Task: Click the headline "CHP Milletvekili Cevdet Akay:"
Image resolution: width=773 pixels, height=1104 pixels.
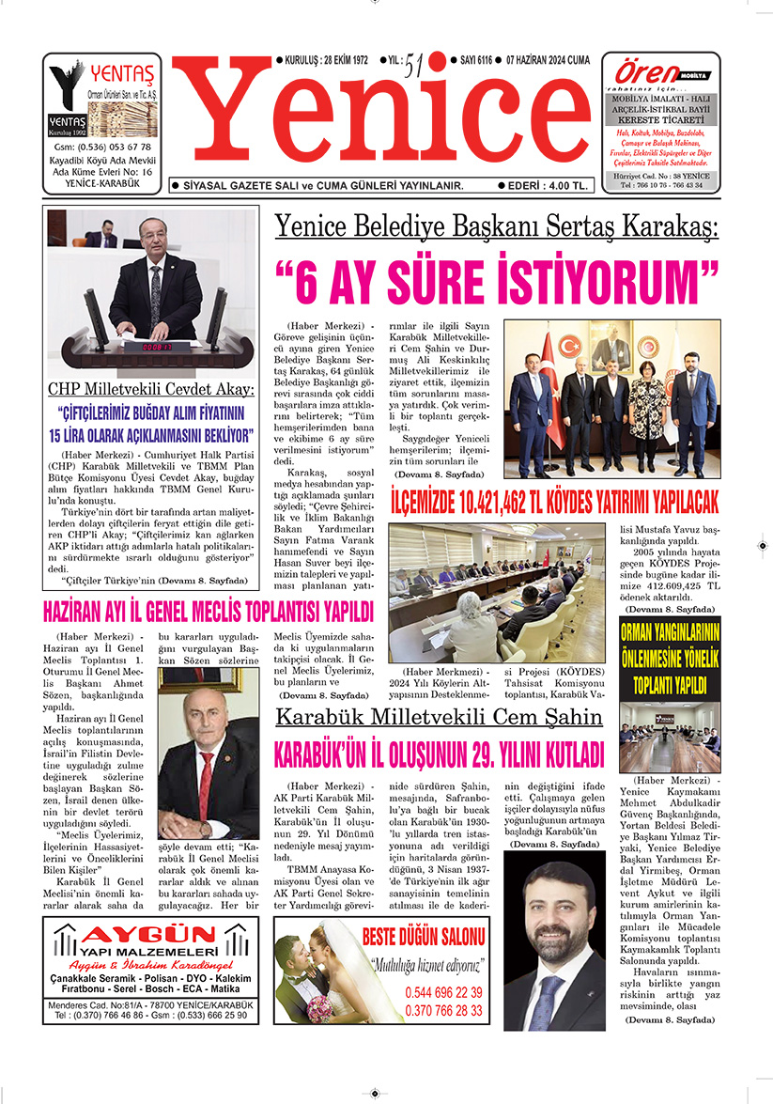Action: (x=151, y=389)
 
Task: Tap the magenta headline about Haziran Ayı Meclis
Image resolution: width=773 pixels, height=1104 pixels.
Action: (x=209, y=613)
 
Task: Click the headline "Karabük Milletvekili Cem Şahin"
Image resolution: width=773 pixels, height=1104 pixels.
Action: (x=438, y=718)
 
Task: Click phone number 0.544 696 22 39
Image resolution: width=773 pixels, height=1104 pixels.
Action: (x=443, y=992)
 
